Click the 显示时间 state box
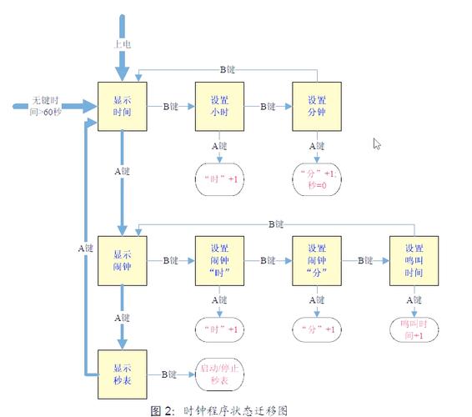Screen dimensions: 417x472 tap(123, 107)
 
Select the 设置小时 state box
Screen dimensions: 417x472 tap(219, 107)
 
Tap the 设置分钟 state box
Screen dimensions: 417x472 tap(317, 107)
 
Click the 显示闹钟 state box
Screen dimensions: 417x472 tap(123, 260)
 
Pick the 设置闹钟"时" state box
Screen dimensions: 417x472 tap(219, 260)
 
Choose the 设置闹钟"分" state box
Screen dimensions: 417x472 tap(317, 260)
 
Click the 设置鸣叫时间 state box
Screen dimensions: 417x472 tap(414, 260)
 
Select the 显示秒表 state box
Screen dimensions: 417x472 tap(123, 374)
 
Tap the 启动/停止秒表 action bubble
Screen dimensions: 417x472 tap(218, 374)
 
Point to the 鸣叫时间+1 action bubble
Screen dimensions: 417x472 tap(414, 329)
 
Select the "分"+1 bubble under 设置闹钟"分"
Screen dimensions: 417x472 tap(317, 329)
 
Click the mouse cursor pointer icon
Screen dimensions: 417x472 tap(377, 143)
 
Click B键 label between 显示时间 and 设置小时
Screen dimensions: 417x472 tap(171, 107)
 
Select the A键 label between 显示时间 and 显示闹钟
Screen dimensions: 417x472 tap(123, 171)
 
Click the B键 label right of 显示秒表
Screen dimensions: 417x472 tap(170, 374)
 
